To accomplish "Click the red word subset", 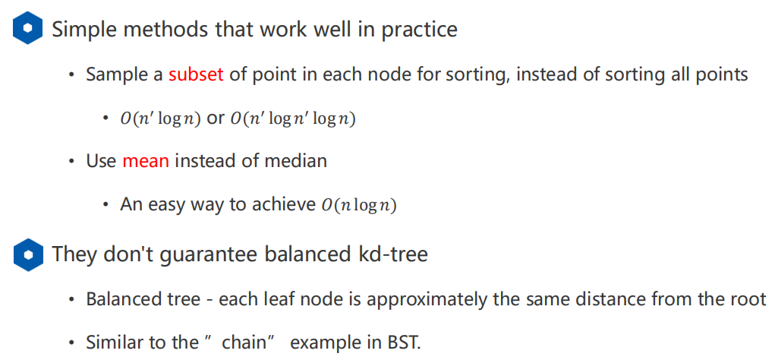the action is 196,74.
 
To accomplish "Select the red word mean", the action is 144,161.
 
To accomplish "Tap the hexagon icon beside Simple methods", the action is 28,30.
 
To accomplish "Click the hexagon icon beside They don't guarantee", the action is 28,254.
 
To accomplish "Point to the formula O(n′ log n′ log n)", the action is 293,118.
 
